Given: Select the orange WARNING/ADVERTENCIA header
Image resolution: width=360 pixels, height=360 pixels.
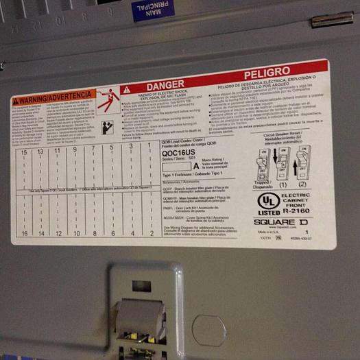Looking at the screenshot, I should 53,97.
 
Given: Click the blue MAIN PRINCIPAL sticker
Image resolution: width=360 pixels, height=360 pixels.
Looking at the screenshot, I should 154,10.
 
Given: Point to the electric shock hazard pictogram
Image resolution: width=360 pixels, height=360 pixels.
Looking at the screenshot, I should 106,101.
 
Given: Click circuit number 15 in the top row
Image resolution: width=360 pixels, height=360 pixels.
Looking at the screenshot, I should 24,152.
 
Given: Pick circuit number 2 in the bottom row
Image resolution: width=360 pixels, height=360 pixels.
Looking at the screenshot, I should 151,232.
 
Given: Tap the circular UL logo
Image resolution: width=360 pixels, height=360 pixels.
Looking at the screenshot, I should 268,200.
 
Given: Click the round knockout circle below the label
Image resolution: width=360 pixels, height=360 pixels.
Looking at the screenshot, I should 208,330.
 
